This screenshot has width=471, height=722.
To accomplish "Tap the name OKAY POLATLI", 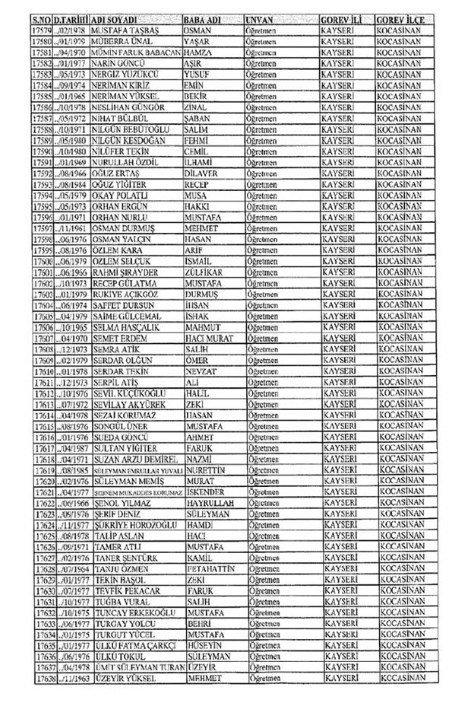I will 121,196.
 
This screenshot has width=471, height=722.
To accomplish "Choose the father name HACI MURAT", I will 211,337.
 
